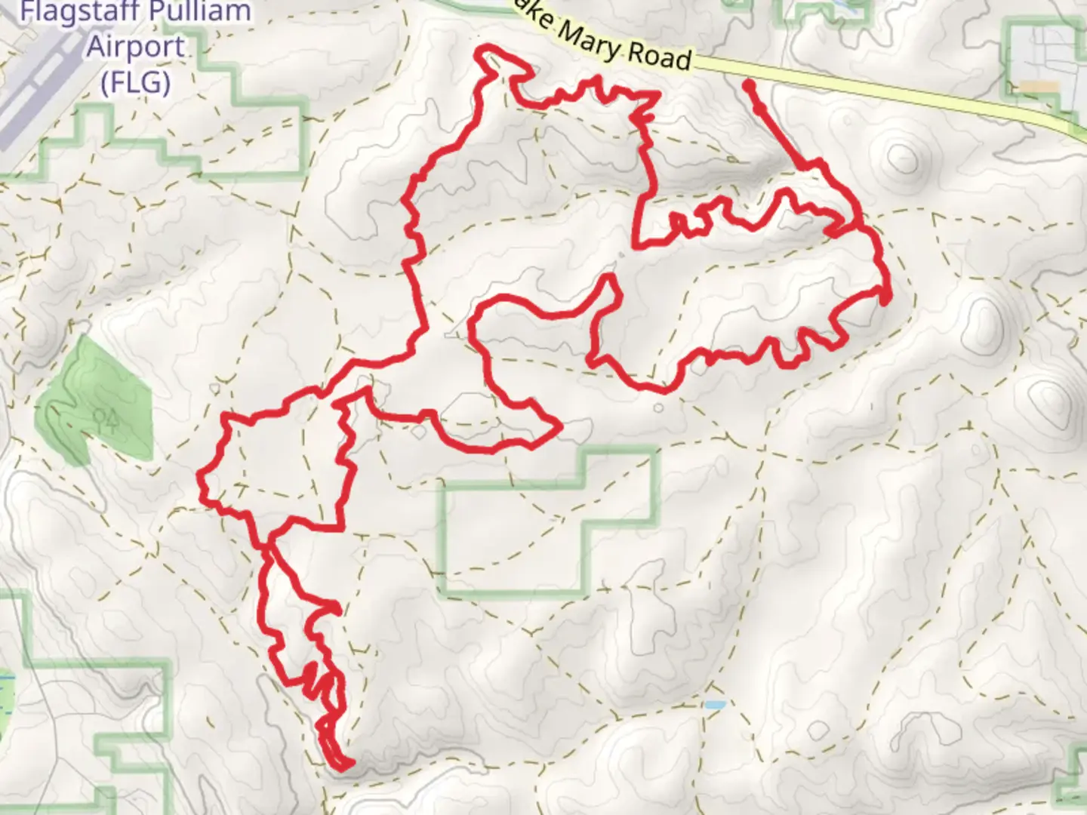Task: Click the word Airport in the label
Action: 136,47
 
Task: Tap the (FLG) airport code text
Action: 136,81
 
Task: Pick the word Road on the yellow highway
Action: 660,57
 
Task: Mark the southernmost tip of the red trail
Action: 343,767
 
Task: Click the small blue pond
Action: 714,706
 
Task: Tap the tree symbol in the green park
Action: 106,417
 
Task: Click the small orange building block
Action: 1042,87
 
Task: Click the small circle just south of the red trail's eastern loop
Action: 658,408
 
